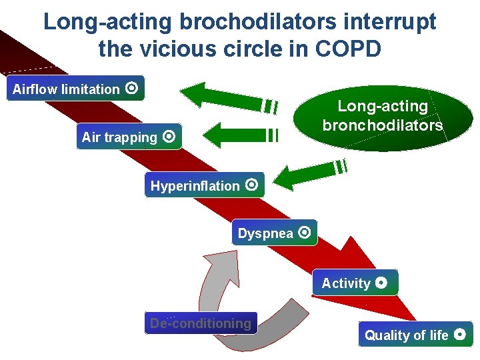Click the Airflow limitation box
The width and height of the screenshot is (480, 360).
click(75, 89)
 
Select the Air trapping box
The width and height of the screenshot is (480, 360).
click(129, 137)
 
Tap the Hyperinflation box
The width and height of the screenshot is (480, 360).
click(204, 185)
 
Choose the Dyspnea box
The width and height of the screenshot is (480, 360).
click(274, 233)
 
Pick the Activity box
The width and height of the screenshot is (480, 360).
click(355, 283)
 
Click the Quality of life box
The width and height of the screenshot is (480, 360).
click(415, 335)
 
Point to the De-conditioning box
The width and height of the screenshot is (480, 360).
click(201, 323)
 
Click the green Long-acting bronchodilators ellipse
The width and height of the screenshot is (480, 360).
click(383, 116)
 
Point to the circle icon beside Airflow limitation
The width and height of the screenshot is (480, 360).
click(132, 88)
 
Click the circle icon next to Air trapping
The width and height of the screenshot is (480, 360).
click(169, 137)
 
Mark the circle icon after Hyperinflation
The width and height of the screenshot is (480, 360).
click(251, 185)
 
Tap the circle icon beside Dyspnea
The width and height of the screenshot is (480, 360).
click(305, 233)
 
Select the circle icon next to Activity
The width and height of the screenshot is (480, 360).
click(381, 282)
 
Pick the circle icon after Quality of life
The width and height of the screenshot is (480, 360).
click(459, 334)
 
